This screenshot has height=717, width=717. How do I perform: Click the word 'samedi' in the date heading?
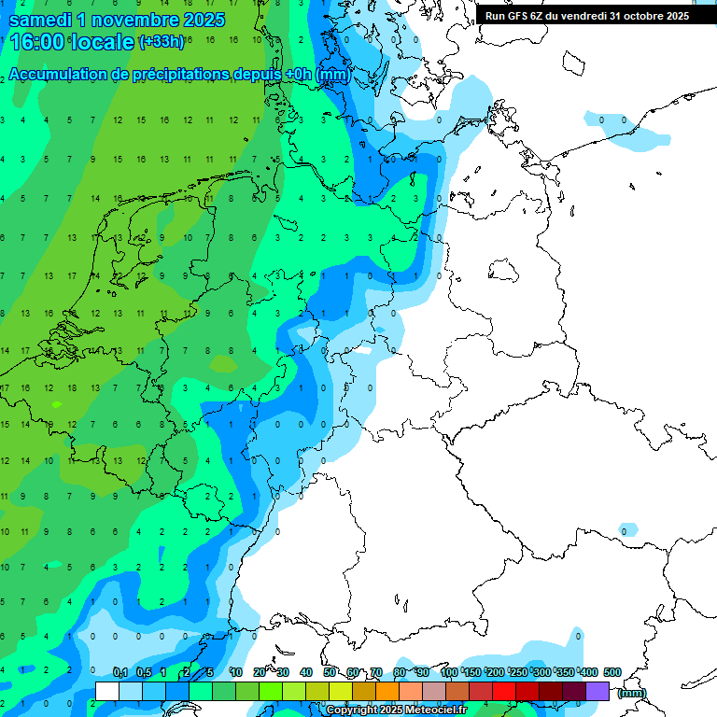(x=43, y=19)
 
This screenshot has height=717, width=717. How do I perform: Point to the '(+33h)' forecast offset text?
(x=162, y=42)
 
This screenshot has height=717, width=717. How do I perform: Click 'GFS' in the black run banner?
(x=528, y=16)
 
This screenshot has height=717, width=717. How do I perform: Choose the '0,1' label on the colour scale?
(x=119, y=672)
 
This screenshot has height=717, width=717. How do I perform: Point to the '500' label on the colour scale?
(x=612, y=672)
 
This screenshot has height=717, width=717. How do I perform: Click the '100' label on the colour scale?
(x=448, y=672)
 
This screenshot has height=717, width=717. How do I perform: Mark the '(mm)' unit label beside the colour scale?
(x=632, y=693)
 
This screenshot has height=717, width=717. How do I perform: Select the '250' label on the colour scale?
(x=518, y=672)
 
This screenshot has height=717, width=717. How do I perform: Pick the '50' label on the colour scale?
(x=330, y=672)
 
